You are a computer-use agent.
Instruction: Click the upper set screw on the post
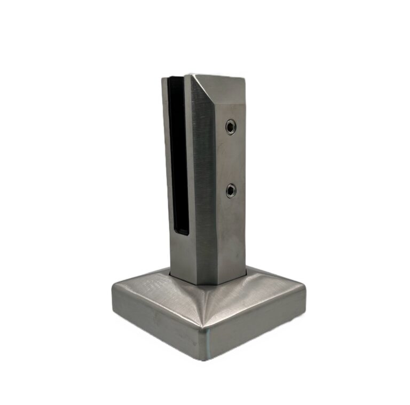[x=231, y=127]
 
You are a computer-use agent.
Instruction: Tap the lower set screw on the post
[x=231, y=190]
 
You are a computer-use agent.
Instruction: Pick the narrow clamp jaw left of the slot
[x=167, y=160]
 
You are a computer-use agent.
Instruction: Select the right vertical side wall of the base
[x=256, y=326]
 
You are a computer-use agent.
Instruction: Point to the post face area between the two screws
[x=231, y=159]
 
